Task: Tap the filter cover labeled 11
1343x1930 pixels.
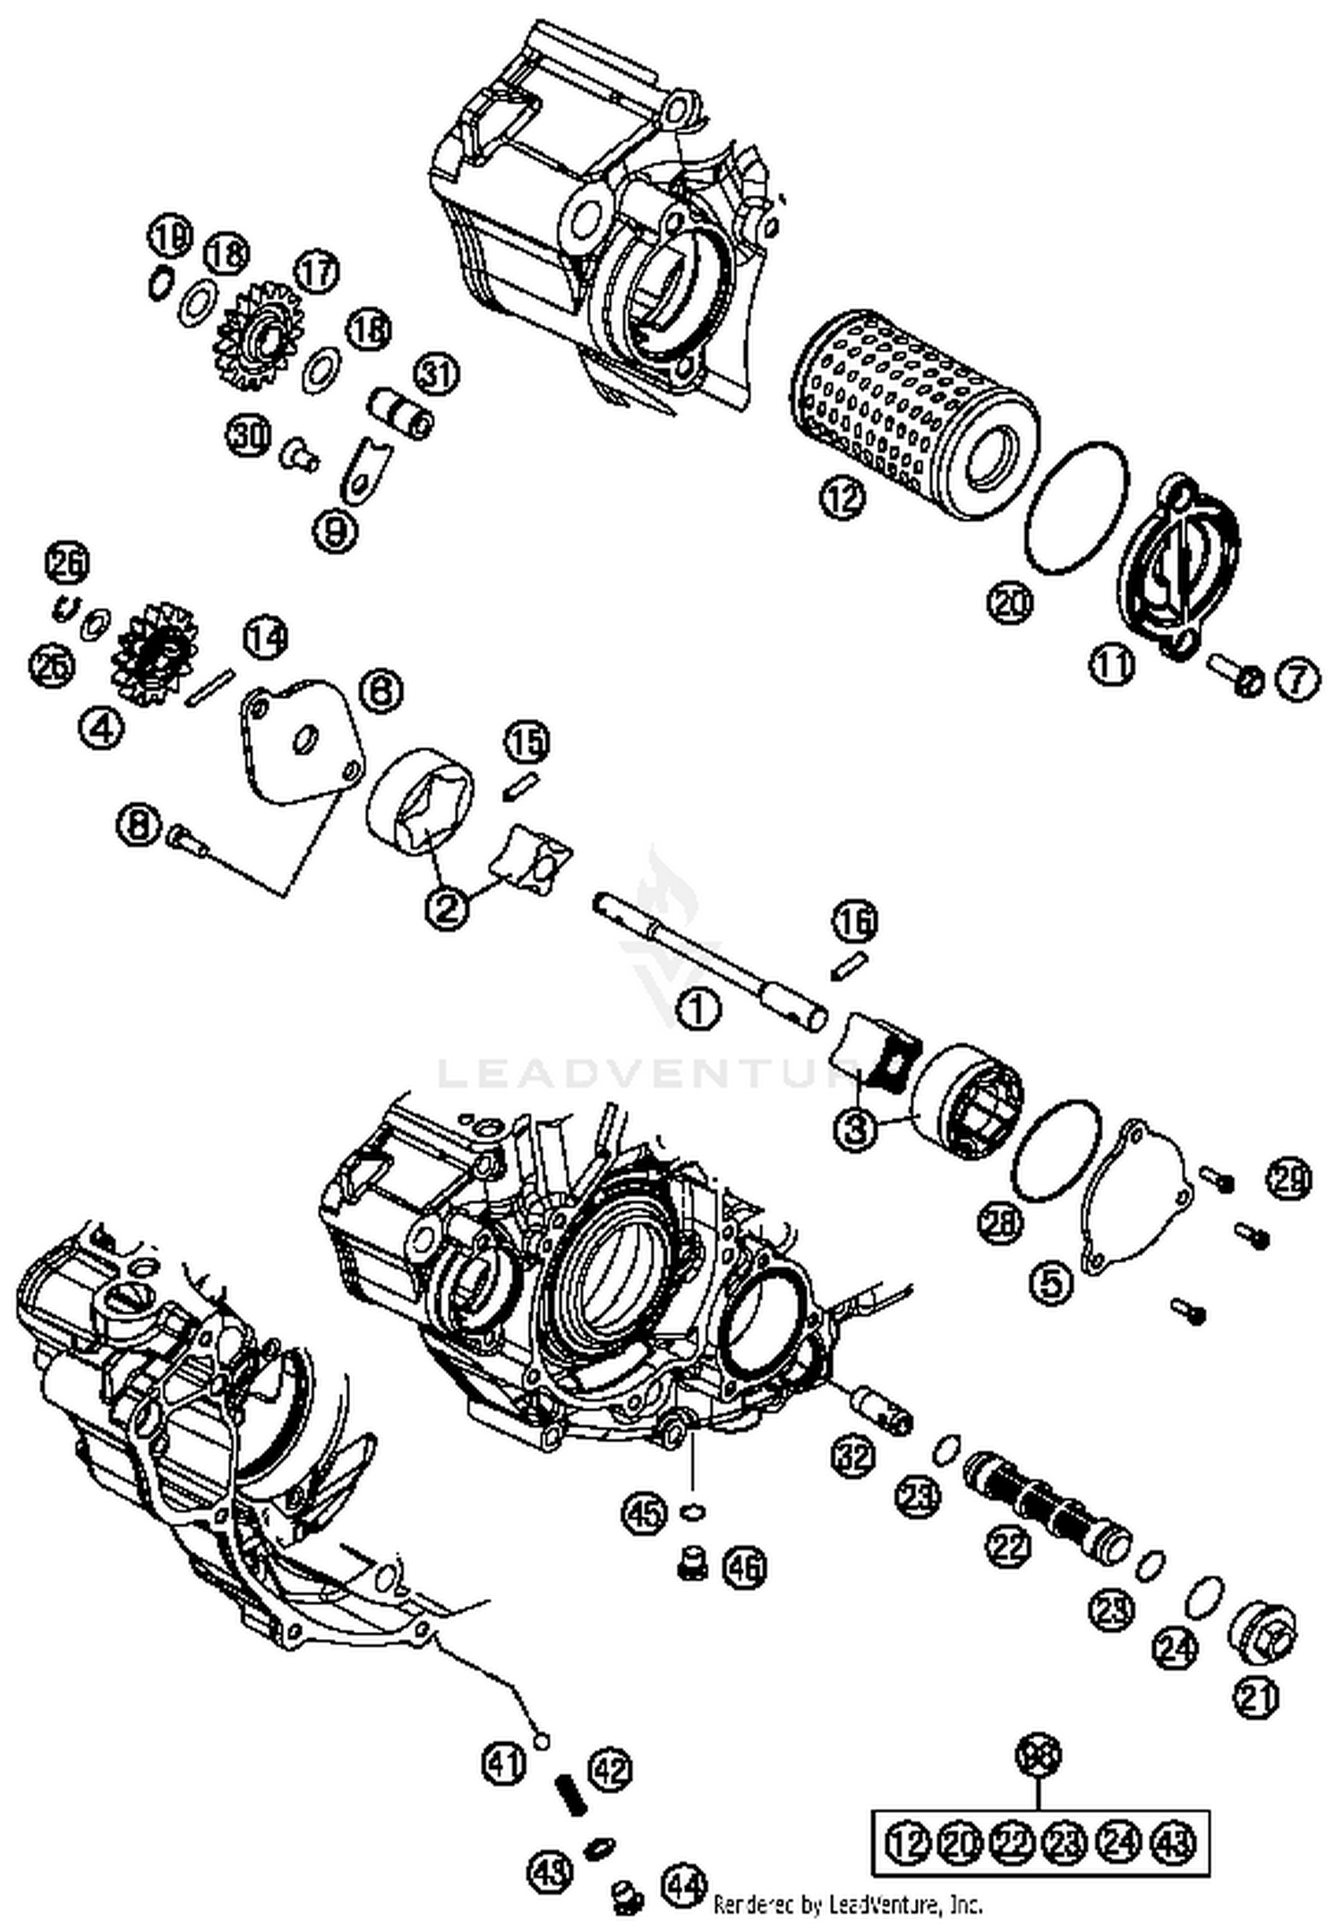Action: point(1180,569)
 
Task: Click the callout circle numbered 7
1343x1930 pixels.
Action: point(1297,679)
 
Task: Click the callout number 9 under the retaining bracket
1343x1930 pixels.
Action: point(335,532)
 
